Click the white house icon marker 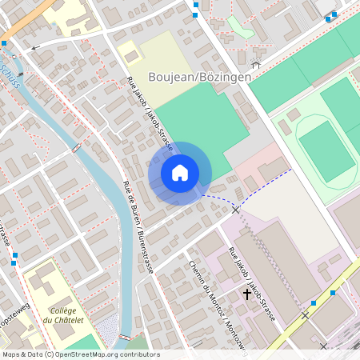[x=180, y=173]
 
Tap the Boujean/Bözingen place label [x=200, y=77]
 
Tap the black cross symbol [x=246, y=294]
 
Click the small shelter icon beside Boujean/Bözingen [x=256, y=64]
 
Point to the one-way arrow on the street [x=34, y=48]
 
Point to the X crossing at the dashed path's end [x=235, y=209]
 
